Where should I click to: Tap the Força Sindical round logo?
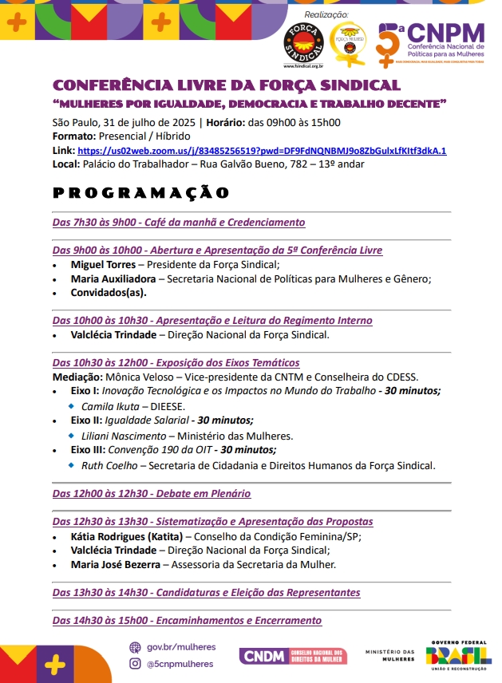(304, 45)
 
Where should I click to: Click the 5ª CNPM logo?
(431, 45)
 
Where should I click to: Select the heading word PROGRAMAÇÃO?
(141, 193)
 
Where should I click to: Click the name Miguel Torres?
(103, 265)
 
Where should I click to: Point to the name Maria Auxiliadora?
(113, 279)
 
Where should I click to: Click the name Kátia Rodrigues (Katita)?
(127, 536)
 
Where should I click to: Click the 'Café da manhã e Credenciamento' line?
(179, 223)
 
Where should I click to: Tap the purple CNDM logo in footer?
(292, 655)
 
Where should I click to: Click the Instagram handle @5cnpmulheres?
(180, 664)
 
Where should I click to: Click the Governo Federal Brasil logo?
(458, 655)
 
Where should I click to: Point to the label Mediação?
(76, 376)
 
